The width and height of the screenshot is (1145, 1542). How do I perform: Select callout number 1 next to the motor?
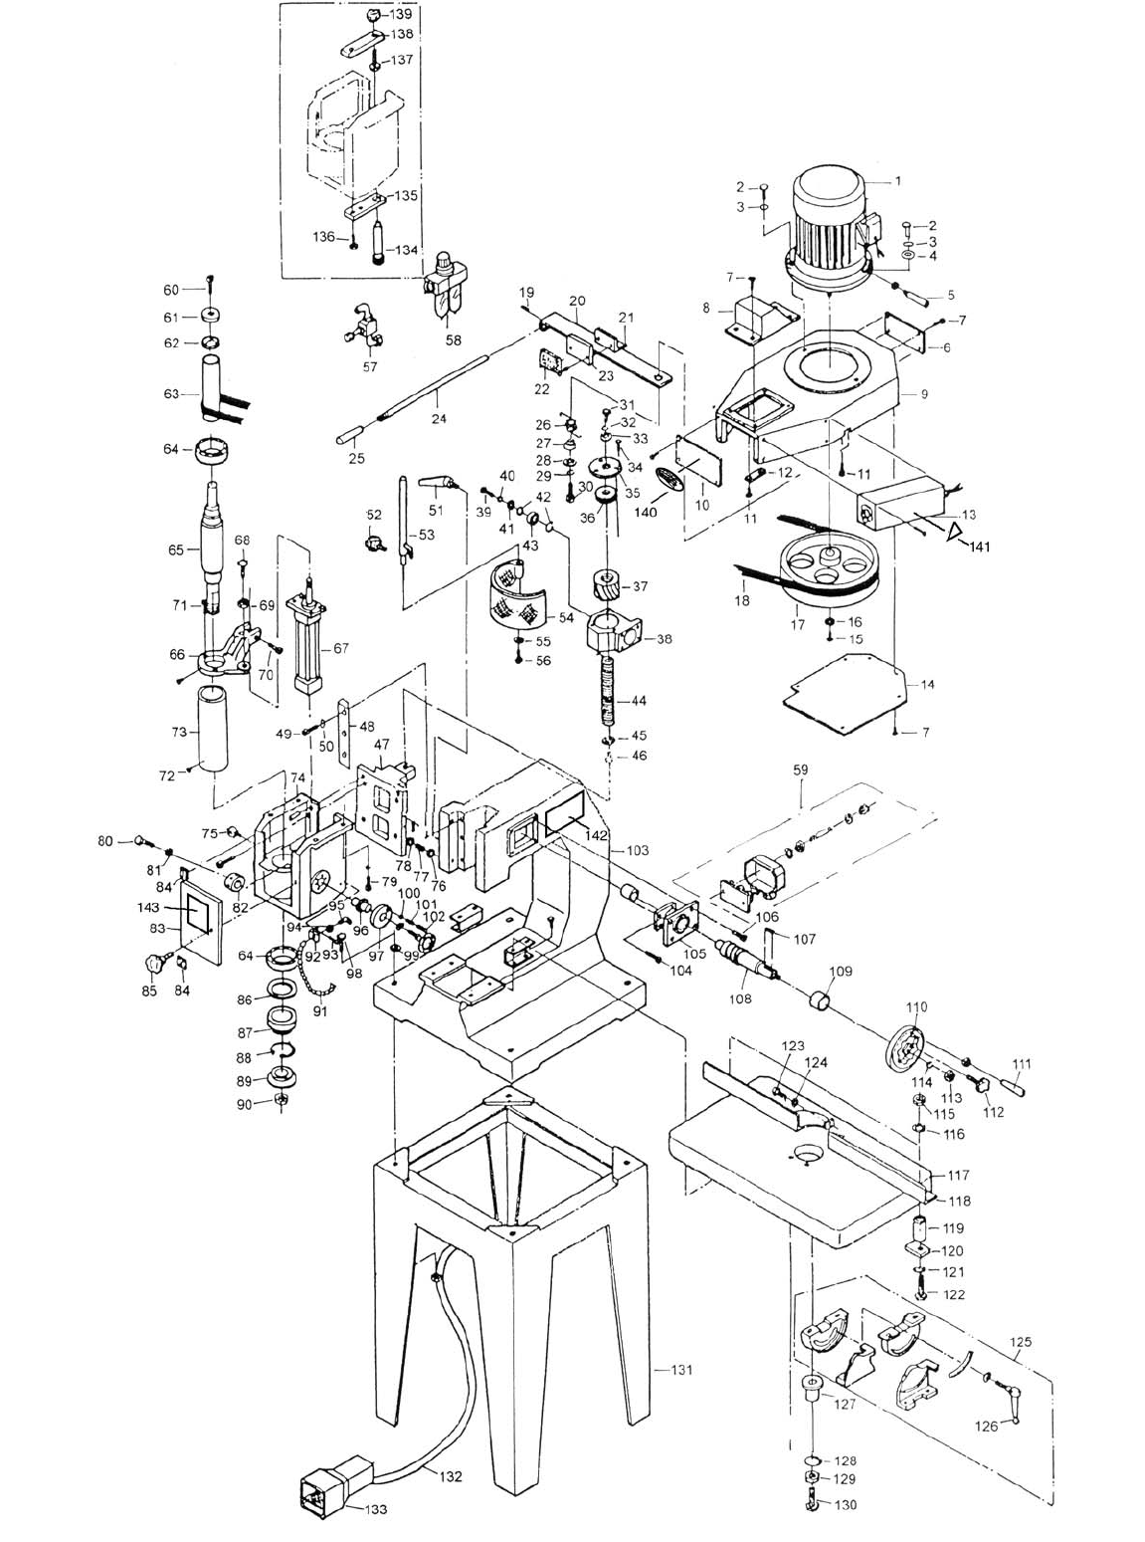(897, 181)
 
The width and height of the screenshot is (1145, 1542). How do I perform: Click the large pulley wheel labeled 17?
(830, 568)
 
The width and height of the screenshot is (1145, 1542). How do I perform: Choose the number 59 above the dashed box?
(801, 770)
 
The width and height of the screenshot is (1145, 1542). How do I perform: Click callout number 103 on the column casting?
(637, 849)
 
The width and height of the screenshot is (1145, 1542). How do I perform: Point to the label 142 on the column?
(597, 834)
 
